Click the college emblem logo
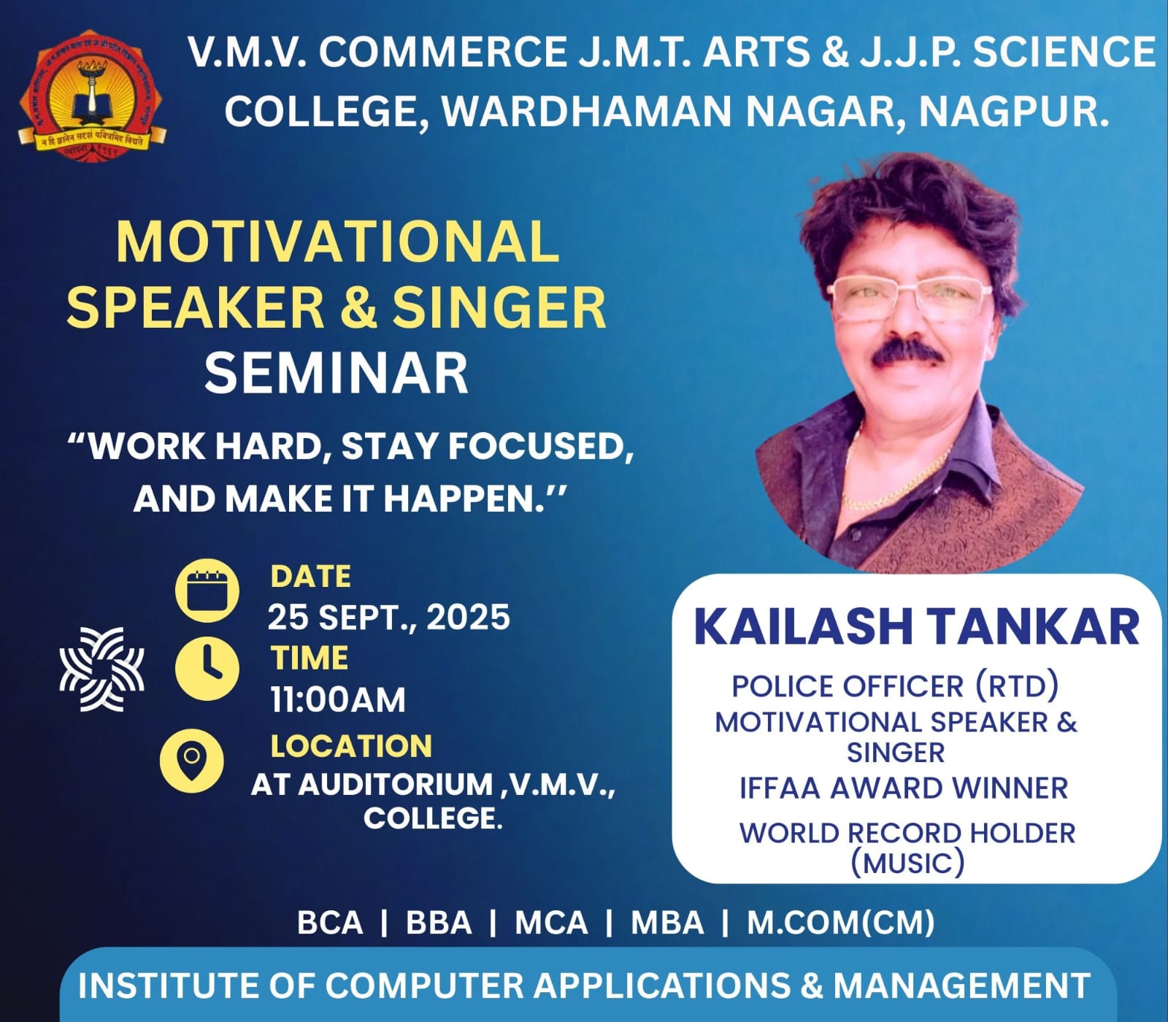[92, 95]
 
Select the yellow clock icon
[207, 669]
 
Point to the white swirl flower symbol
[101, 669]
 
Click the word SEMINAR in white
[336, 373]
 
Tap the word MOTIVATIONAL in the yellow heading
[338, 242]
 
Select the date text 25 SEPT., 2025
[388, 618]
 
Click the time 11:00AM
[338, 699]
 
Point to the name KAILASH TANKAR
[916, 626]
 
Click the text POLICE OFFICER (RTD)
[895, 686]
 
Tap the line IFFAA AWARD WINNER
[904, 788]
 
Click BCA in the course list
[330, 923]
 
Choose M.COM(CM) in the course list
[841, 923]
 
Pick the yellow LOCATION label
[351, 746]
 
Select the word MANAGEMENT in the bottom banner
[962, 985]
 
